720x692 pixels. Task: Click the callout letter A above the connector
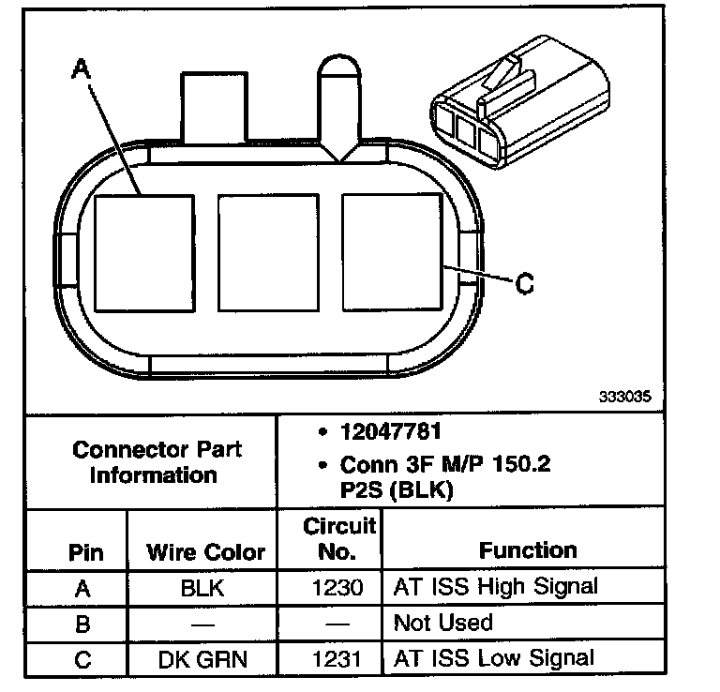pyautogui.click(x=82, y=68)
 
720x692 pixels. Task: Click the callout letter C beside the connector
pyautogui.click(x=524, y=283)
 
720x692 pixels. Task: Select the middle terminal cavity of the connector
pyautogui.click(x=269, y=252)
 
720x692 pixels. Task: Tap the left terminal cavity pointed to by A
pyautogui.click(x=144, y=253)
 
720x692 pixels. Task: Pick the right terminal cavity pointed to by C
pyautogui.click(x=393, y=251)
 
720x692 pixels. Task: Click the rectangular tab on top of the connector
pyautogui.click(x=215, y=107)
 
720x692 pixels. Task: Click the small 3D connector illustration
pyautogui.click(x=519, y=102)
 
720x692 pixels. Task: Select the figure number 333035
pyautogui.click(x=625, y=397)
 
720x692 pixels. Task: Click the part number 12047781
pyautogui.click(x=391, y=431)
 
